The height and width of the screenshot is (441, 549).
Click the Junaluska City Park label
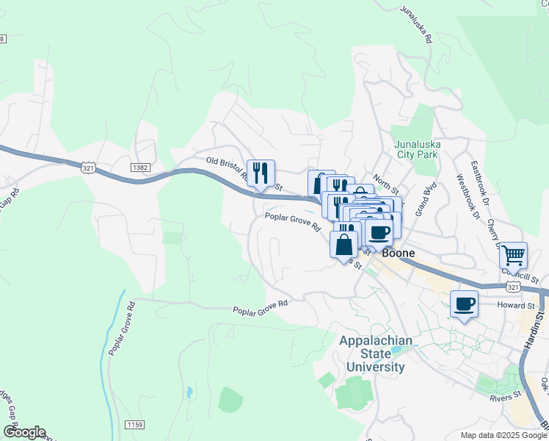[415, 149]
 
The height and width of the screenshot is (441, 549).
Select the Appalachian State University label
[371, 354]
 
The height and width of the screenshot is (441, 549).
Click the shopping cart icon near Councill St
[513, 255]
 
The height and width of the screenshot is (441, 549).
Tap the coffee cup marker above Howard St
[463, 304]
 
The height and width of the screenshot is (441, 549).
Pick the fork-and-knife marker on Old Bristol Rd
[261, 173]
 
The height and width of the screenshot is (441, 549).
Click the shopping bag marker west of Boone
[343, 245]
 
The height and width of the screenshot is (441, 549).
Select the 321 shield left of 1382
[89, 168]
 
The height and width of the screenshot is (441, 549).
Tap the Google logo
[23, 432]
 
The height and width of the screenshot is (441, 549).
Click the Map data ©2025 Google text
[503, 435]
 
